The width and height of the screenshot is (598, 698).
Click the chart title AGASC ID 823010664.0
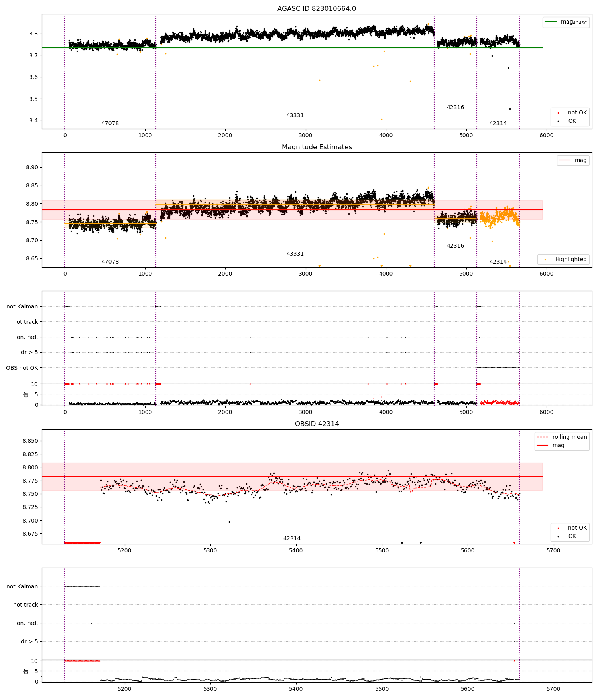[x=317, y=8]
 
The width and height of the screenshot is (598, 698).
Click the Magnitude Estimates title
[x=317, y=147]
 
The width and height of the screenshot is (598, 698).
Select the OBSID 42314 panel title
[x=317, y=424]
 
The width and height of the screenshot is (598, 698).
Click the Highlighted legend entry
[x=570, y=259]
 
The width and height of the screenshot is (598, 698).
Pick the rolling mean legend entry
[x=569, y=437]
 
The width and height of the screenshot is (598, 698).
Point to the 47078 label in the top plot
[x=110, y=123]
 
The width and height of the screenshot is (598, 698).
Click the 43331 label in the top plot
[x=295, y=115]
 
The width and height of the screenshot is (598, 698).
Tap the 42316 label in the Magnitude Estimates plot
[x=455, y=246]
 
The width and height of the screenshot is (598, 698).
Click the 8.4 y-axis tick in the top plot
[x=33, y=120]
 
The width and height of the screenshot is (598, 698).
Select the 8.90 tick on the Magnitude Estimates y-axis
[x=32, y=167]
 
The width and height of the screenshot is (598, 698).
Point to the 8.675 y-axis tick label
[x=30, y=534]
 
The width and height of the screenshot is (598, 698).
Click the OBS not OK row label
[x=22, y=368]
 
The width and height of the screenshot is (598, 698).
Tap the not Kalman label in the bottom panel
[x=22, y=586]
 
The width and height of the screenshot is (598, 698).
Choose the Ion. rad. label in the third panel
[x=26, y=337]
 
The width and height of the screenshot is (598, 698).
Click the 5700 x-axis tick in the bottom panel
[x=553, y=689]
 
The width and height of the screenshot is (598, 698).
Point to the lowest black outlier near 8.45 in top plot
[x=510, y=109]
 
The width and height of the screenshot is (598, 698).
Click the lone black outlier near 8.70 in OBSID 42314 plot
[x=229, y=522]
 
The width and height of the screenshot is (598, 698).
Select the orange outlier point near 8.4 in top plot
[x=382, y=119]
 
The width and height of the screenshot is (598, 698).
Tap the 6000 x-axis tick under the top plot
[x=546, y=135]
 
